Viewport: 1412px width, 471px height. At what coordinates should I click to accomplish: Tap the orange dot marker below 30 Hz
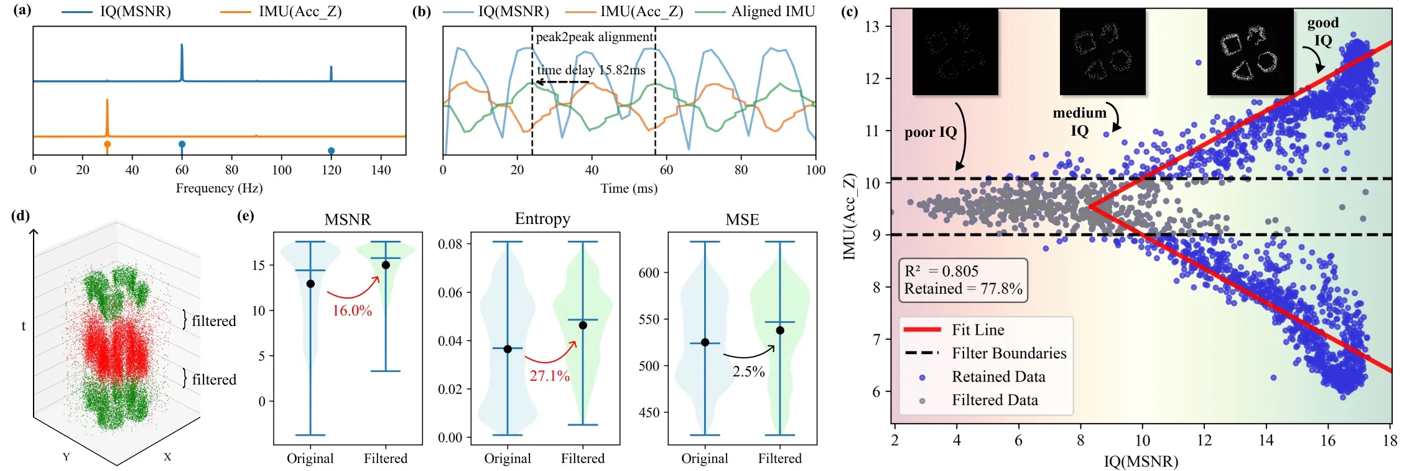pos(107,144)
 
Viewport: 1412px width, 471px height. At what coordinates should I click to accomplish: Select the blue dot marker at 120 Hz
pos(331,151)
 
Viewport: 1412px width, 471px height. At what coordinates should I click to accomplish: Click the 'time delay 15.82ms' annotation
pos(591,70)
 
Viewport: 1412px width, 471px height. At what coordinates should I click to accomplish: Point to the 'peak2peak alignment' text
pos(594,37)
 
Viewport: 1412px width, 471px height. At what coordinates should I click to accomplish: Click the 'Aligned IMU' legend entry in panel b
pos(773,11)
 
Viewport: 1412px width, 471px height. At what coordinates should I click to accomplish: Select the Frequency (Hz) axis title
pos(219,188)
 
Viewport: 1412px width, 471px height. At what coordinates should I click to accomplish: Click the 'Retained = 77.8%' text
pos(963,289)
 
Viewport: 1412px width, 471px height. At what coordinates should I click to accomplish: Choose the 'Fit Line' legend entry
pos(977,330)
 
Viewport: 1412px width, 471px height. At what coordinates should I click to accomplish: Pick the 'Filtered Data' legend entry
pos(994,400)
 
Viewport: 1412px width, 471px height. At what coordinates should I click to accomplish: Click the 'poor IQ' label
pos(931,132)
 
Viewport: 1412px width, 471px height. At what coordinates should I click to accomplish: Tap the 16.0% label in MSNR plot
pos(352,310)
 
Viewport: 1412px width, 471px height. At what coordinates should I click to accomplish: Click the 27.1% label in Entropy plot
pos(549,375)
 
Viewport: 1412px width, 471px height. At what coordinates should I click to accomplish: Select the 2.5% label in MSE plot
pos(748,371)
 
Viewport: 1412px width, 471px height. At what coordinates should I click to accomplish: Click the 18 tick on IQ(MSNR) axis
pos(1390,441)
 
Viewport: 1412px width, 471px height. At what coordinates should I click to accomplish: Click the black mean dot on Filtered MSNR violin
pos(386,265)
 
